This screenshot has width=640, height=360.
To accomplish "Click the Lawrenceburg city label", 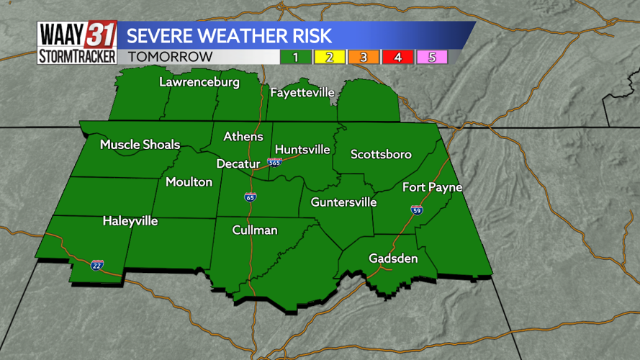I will pos(199,82).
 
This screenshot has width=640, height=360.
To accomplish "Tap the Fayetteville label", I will pos(302,92).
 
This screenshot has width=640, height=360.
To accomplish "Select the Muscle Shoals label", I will pos(140,145).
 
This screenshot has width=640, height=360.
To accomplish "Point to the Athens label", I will pos(243,136).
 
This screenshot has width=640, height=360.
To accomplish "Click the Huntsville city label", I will pos(302,150).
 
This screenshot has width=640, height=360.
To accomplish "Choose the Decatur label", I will pos(238,163).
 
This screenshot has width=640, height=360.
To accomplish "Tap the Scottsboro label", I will pos(381,154).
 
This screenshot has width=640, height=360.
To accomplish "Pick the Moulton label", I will pos(189,181).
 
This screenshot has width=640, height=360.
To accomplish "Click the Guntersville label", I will pos(343,202).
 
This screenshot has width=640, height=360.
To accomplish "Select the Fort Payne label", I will pos(432,187).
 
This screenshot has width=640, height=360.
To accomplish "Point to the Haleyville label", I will pos(130,220).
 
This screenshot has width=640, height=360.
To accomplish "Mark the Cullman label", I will pos(255,230).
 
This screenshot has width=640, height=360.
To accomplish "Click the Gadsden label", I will pos(393,258).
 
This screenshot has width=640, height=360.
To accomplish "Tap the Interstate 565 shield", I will pos(274,163).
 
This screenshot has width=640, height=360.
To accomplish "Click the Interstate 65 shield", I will pos(251,197).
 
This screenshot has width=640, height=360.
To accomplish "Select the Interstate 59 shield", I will pos(417,210).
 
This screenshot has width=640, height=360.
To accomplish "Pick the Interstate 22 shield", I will pos(97,265).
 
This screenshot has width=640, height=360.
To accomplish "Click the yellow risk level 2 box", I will pos(330,57).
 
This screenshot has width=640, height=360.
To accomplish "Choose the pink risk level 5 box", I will pos(432,57).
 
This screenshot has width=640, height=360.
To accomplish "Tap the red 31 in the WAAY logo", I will pos(101,35).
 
